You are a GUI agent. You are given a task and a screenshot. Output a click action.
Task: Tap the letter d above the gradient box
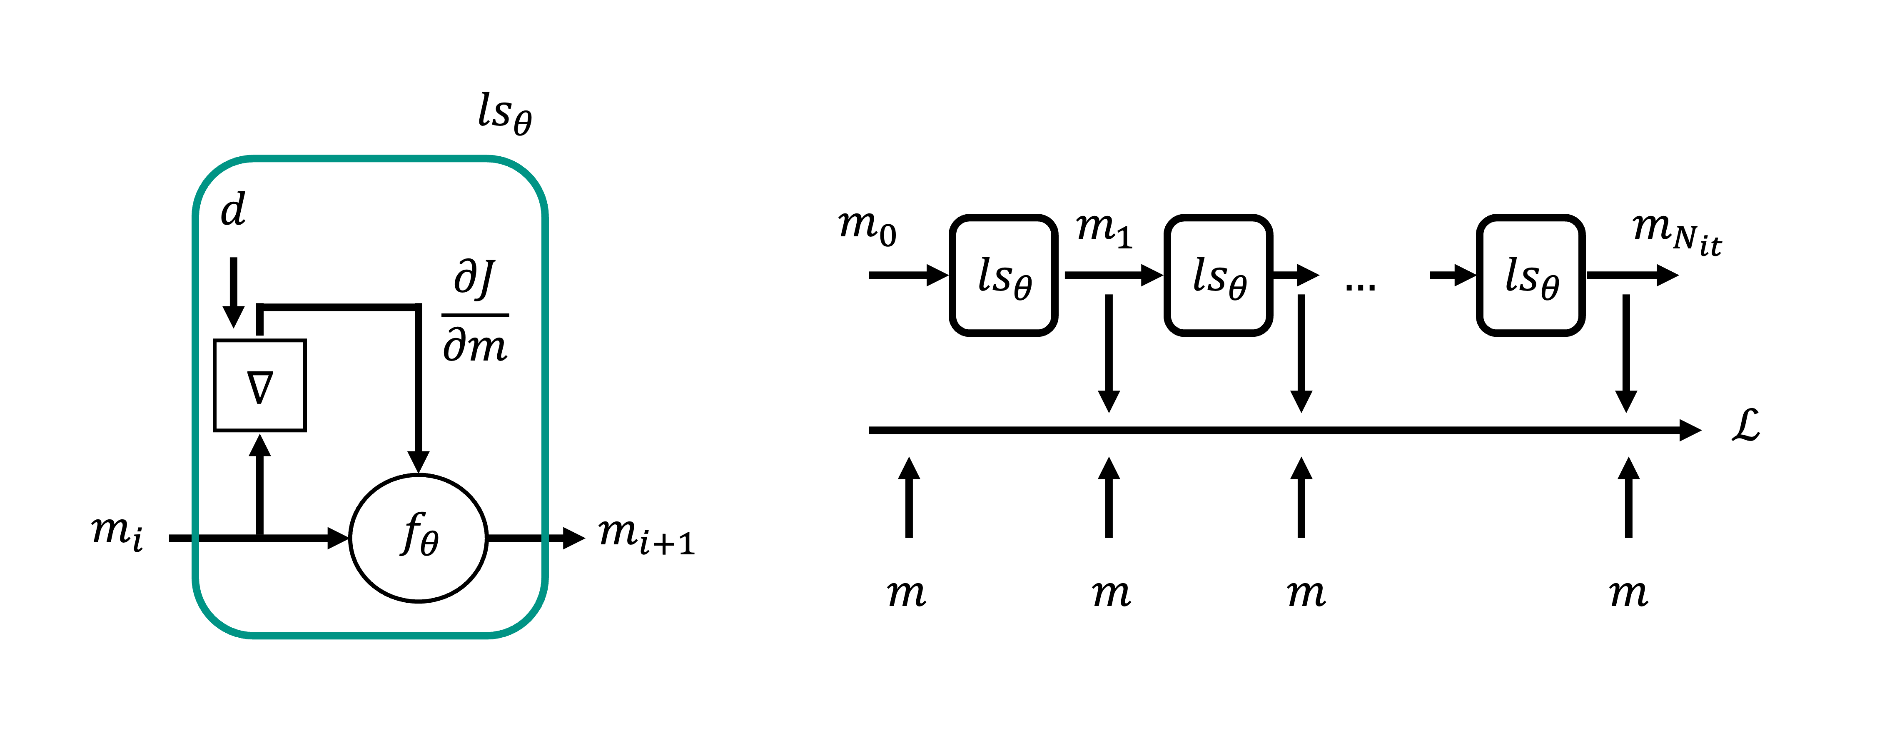tap(234, 210)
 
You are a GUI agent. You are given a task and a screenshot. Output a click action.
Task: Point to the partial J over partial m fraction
tap(475, 313)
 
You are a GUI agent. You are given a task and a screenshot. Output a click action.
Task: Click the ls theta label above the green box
tap(504, 114)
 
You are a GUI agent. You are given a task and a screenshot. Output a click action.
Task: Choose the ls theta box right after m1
tap(1219, 276)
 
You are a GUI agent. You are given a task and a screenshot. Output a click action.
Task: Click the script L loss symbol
tap(1745, 426)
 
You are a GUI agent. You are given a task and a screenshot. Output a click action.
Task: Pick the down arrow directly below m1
tap(1108, 353)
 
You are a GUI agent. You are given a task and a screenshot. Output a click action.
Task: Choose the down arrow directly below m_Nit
tap(1626, 353)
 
